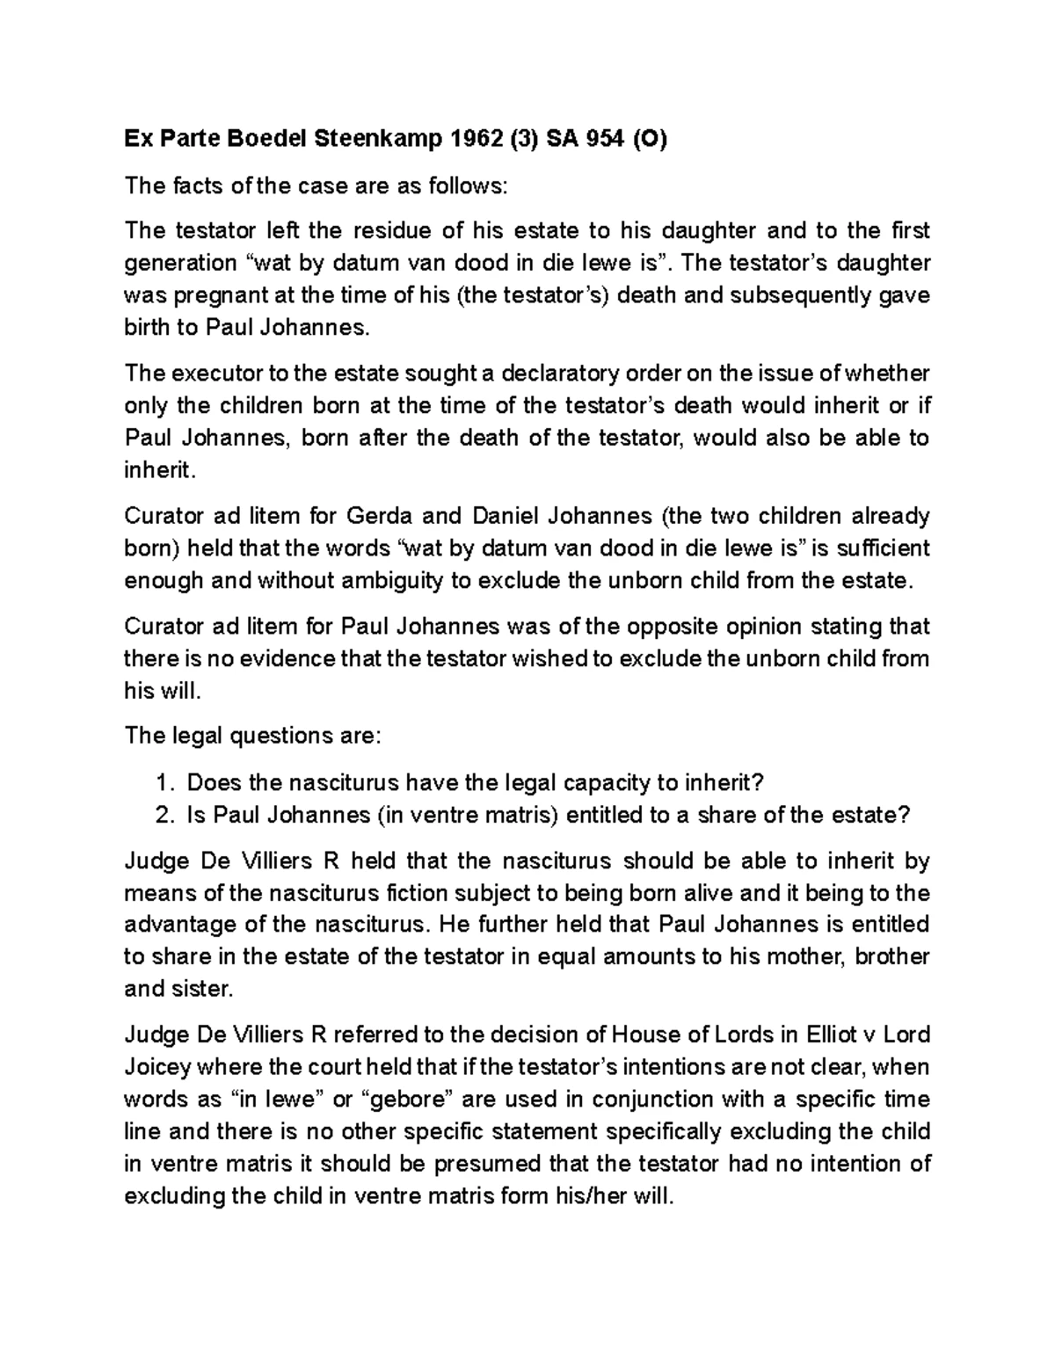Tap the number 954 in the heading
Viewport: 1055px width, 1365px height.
(x=604, y=139)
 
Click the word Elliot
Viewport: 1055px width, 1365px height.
(x=836, y=1035)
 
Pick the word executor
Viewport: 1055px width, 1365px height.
(x=213, y=374)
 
